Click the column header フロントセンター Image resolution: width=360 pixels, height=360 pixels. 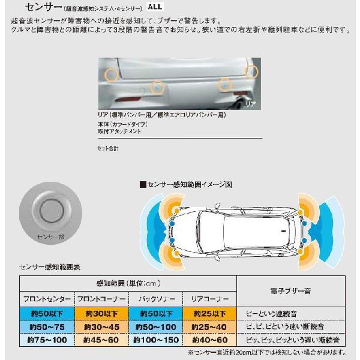[x=47, y=299]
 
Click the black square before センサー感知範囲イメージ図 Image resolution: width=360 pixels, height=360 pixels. [x=143, y=185]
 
